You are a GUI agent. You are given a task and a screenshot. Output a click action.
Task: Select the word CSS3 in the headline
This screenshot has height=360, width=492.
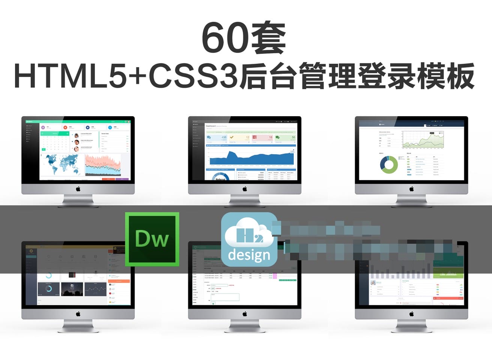click(x=193, y=77)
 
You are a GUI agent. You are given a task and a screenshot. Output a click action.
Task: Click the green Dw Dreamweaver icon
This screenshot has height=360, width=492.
click(x=152, y=239)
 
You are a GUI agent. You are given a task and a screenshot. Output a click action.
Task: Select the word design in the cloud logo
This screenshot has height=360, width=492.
click(x=249, y=255)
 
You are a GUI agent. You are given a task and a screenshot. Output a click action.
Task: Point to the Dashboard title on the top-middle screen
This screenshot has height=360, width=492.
click(x=211, y=126)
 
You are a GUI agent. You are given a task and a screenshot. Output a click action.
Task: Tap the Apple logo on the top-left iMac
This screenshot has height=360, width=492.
click(x=78, y=189)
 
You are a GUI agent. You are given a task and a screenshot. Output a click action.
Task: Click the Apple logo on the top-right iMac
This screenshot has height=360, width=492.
click(x=411, y=189)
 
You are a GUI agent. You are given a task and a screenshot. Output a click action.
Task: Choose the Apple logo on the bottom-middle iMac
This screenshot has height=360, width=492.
click(x=245, y=313)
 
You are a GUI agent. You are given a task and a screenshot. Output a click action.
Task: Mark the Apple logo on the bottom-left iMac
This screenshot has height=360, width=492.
click(x=78, y=313)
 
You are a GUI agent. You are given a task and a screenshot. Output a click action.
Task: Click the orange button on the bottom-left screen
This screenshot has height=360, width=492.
click(x=119, y=281)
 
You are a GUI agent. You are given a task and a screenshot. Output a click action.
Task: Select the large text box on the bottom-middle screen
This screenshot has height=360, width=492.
click(x=225, y=297)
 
